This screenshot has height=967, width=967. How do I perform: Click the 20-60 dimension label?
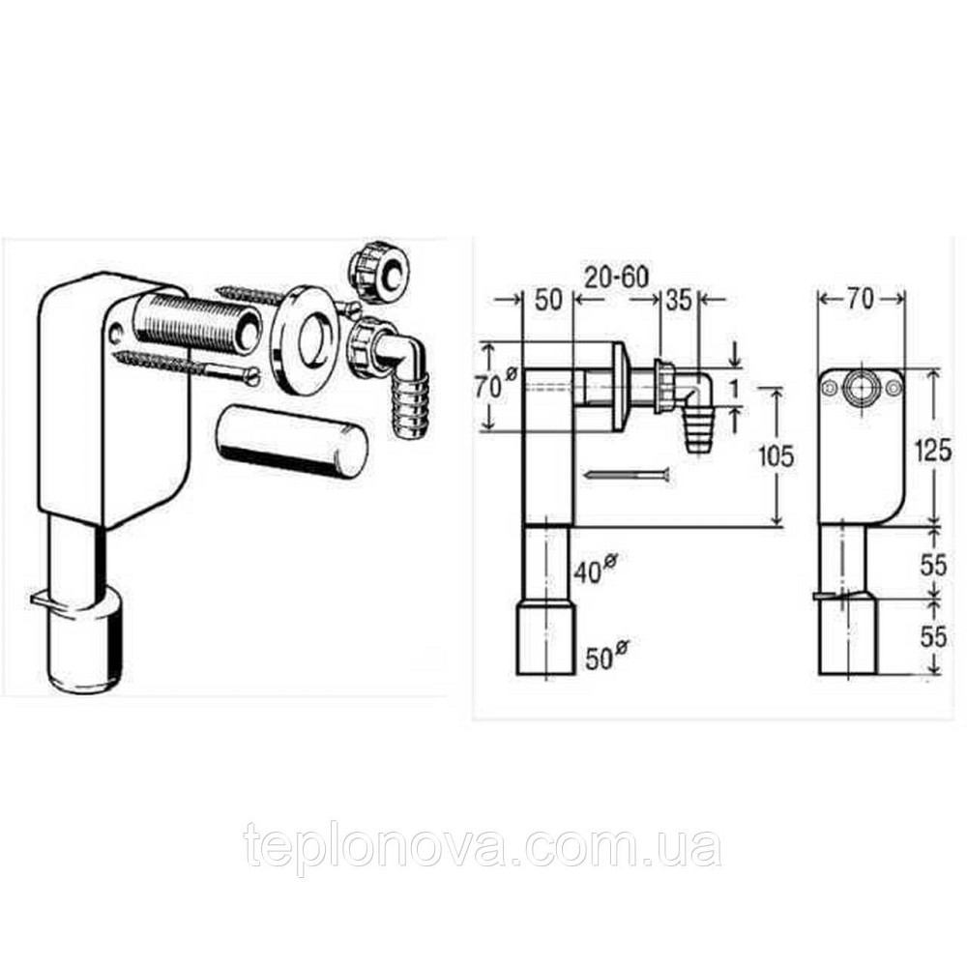pos(616,278)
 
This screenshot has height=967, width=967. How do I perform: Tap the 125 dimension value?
pos(932,452)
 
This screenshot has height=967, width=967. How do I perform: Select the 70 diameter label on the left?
pos(495,386)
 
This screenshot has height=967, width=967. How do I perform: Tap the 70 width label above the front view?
pos(861,299)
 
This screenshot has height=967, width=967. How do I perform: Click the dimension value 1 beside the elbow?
pos(733,389)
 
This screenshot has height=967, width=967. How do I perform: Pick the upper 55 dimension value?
pos(932,565)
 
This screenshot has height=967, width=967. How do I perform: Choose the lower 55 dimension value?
pos(932,636)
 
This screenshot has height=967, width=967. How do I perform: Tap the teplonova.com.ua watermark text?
pos(483,845)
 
